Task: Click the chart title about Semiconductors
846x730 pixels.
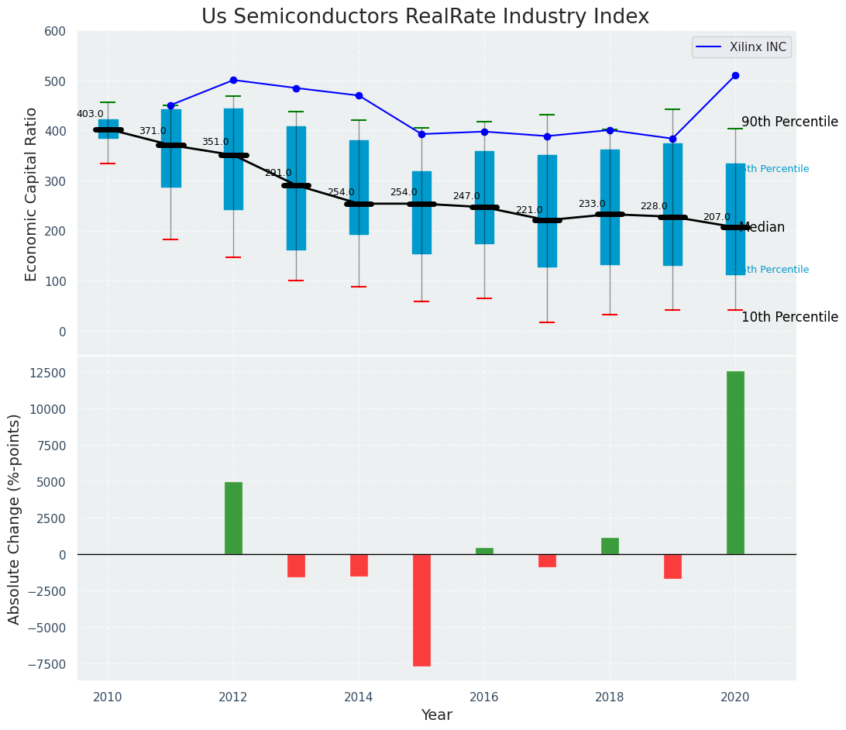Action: point(425,17)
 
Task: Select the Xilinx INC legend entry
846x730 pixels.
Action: point(741,47)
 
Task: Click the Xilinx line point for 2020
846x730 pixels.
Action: point(735,76)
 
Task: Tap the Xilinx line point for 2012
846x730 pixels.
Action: point(233,80)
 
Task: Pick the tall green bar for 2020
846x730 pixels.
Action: point(735,463)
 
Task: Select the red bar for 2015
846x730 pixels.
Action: point(421,610)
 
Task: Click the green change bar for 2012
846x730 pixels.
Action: point(233,518)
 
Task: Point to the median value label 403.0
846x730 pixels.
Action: point(90,114)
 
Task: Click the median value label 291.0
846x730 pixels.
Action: point(278,173)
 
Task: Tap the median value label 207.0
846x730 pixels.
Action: point(717,217)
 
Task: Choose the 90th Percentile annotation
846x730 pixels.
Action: point(789,122)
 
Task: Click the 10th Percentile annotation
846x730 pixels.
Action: point(789,317)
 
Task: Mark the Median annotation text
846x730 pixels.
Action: point(762,228)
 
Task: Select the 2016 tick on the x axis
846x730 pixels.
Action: point(484,697)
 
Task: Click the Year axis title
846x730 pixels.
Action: point(436,715)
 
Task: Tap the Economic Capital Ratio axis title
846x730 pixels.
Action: point(32,193)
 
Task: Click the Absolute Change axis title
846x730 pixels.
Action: point(15,518)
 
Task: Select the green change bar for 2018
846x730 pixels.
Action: point(610,546)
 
